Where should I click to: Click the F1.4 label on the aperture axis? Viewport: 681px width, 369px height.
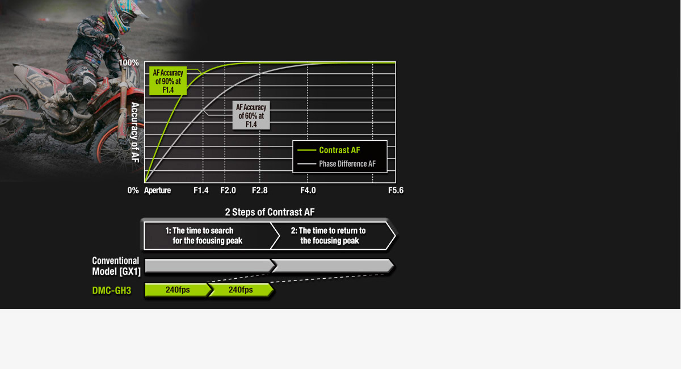(x=201, y=190)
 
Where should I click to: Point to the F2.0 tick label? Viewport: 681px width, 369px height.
(x=228, y=190)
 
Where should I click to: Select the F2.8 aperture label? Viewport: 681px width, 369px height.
(x=260, y=190)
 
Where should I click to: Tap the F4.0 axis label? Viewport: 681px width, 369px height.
(x=308, y=190)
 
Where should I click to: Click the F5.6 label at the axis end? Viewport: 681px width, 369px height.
(x=396, y=190)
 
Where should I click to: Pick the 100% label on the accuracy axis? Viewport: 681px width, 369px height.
(x=129, y=62)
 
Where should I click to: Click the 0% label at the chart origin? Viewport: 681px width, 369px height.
(x=133, y=190)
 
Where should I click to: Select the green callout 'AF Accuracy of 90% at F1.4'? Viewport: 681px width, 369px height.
(x=168, y=81)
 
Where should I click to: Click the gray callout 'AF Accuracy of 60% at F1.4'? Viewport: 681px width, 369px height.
(x=251, y=116)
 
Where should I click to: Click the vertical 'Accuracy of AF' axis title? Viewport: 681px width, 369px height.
(x=135, y=132)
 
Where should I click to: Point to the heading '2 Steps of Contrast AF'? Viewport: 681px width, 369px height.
(x=270, y=212)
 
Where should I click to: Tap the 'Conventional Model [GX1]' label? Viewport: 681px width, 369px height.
(x=116, y=266)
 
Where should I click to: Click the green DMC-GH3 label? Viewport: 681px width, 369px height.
(x=112, y=291)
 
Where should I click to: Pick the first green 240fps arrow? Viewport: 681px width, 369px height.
(x=178, y=290)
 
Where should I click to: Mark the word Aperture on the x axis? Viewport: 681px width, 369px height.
(x=158, y=190)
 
